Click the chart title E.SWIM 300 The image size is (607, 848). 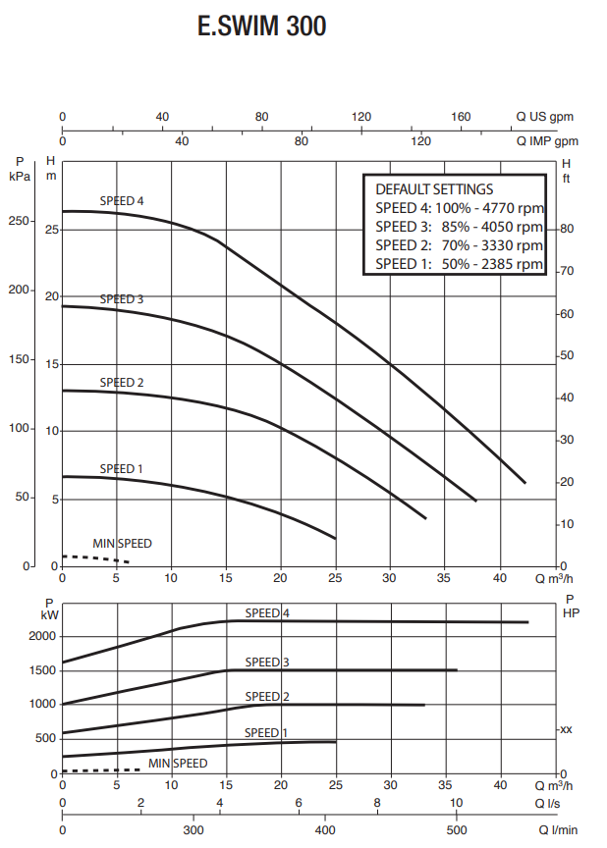[261, 27]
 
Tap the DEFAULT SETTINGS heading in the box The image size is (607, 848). [434, 188]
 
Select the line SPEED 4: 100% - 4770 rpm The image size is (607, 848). [459, 208]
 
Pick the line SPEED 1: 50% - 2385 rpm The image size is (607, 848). [459, 264]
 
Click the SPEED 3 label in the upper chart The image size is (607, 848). [122, 298]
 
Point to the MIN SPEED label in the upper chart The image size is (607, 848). [122, 543]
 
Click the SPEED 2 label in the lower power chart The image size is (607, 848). [266, 697]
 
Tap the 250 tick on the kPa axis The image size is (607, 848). [19, 222]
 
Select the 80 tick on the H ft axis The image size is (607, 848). [566, 229]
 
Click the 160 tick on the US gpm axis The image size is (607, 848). [461, 117]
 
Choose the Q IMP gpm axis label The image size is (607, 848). [545, 141]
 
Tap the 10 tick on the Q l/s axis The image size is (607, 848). [456, 803]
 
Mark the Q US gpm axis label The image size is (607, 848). [545, 117]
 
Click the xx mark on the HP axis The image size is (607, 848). [565, 729]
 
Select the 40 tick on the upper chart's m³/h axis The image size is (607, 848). [500, 577]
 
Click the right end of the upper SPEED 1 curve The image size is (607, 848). [335, 538]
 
